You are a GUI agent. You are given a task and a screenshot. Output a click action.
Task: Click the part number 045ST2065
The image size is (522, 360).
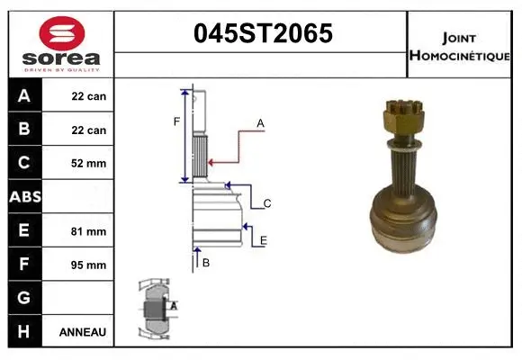[x=263, y=34]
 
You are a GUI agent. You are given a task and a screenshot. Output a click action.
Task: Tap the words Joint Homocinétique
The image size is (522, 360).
[x=461, y=45]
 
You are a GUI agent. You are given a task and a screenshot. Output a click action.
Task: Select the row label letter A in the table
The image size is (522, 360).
[x=23, y=96]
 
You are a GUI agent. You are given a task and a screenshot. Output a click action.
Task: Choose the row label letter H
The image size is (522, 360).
[x=23, y=331]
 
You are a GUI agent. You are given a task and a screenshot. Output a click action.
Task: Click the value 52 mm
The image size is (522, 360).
[x=89, y=164]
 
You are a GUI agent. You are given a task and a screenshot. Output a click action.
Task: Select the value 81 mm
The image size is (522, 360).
[x=89, y=231]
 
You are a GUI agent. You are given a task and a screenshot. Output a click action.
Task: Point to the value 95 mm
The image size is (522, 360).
[x=89, y=265]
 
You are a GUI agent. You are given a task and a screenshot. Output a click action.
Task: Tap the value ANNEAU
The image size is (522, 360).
[x=83, y=332]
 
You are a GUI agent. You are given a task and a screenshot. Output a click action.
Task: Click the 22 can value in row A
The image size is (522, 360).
[x=89, y=96]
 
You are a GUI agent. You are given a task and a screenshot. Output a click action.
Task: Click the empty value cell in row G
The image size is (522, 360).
[x=83, y=298]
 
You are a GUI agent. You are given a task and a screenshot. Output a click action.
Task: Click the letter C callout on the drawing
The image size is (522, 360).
[x=267, y=204]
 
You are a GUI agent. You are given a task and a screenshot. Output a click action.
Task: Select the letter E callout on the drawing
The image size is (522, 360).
[x=263, y=240]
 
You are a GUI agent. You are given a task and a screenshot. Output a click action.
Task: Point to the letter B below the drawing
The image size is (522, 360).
[x=206, y=263]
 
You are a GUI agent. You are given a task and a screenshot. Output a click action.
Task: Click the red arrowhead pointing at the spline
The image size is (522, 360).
[x=212, y=163]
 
